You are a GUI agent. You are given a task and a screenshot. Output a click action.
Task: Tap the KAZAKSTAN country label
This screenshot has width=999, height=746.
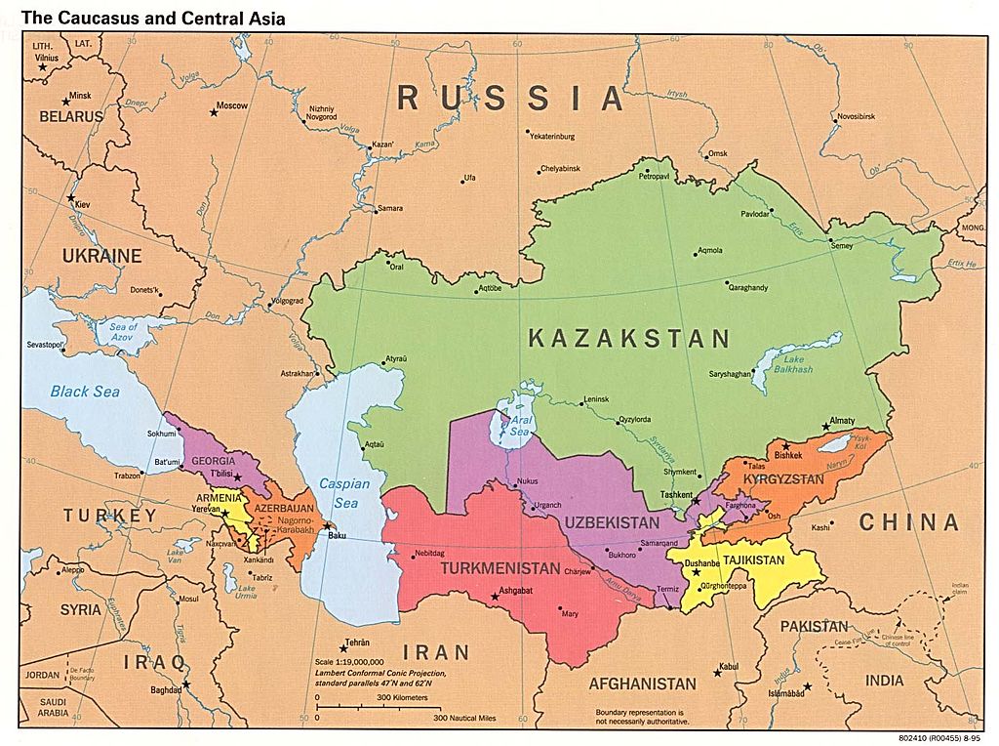pyautogui.click(x=628, y=339)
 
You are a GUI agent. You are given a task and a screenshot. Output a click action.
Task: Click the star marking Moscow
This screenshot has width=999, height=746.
pyautogui.click(x=214, y=113)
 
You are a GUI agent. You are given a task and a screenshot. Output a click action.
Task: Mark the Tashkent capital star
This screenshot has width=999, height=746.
pyautogui.click(x=696, y=501)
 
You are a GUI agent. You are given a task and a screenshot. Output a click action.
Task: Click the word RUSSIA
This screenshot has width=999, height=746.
pyautogui.click(x=509, y=99)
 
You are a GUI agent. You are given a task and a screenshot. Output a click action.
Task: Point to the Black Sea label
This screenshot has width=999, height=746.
pyautogui.click(x=85, y=392)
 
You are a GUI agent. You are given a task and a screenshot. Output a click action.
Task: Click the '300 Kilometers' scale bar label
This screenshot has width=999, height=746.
pyautogui.click(x=402, y=698)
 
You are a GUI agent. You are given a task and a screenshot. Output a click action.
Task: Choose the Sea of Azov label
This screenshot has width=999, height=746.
pyautogui.click(x=124, y=332)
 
